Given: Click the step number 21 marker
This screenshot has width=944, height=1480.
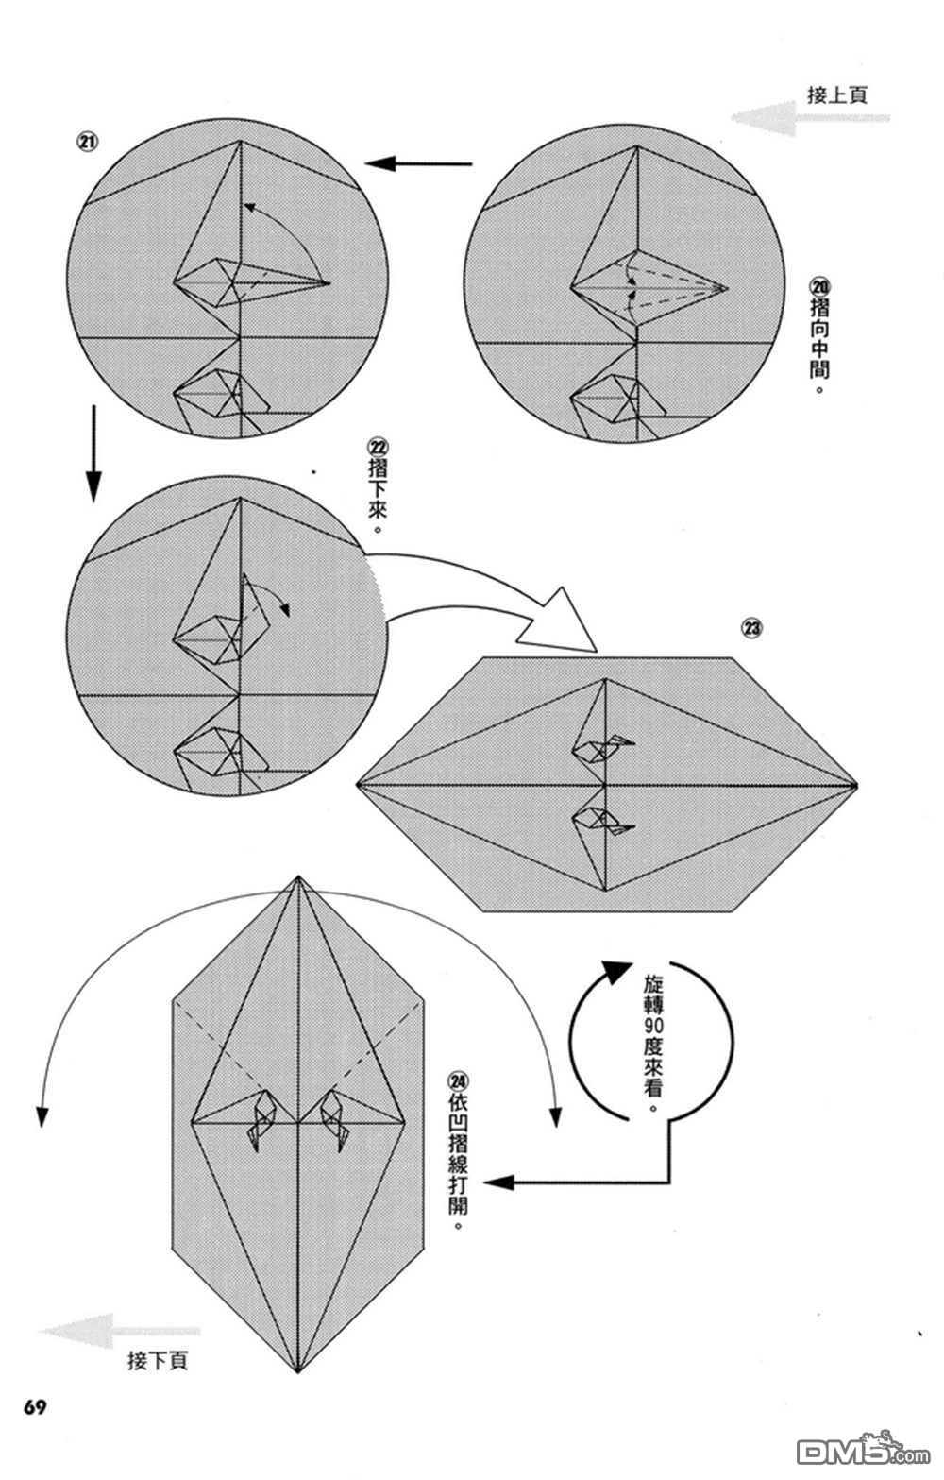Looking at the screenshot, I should tap(87, 143).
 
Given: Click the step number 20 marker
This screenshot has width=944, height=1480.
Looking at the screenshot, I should tap(818, 286).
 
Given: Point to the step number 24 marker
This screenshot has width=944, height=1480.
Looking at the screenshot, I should tap(460, 1081).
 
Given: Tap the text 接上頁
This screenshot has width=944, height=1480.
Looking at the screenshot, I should tap(837, 94).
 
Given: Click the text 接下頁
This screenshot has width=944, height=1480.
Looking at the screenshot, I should tap(158, 1361).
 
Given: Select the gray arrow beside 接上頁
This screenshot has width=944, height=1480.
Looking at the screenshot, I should tap(810, 119).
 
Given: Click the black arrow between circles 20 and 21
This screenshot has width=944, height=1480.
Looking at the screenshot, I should tap(418, 164).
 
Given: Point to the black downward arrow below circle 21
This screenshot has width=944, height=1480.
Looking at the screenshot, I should tap(93, 453).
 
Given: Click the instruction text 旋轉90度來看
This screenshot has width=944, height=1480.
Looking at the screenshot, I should tap(653, 1042).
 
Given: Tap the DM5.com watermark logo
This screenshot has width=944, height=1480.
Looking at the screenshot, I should tap(850, 1450).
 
